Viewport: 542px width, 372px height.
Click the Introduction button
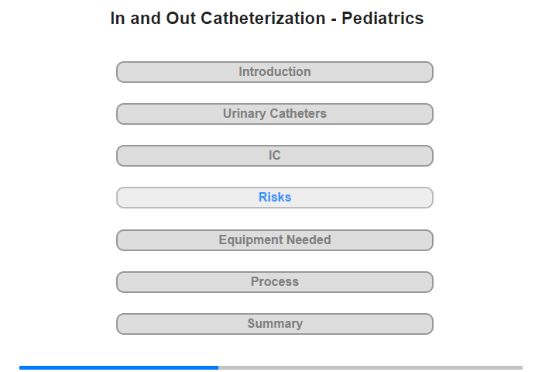[275, 72]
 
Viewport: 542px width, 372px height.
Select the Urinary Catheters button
[275, 114]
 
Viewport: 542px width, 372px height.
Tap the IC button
[275, 156]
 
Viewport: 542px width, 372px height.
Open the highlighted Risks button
[275, 198]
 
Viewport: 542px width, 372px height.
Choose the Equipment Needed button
[275, 240]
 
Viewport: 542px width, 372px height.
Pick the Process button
[275, 282]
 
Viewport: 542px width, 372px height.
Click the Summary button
[275, 324]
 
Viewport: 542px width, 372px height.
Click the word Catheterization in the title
[263, 19]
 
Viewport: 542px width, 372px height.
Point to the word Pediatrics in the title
[382, 19]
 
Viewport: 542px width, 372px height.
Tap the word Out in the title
[180, 19]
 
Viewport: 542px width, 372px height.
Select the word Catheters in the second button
[298, 113]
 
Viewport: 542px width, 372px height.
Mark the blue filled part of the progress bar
[119, 367]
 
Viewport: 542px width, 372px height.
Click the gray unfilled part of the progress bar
[371, 367]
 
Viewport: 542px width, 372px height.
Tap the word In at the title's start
[118, 19]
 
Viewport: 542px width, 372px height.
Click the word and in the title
[146, 19]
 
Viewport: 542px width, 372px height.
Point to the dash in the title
[334, 20]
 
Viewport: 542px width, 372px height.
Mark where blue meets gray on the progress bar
[218, 367]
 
